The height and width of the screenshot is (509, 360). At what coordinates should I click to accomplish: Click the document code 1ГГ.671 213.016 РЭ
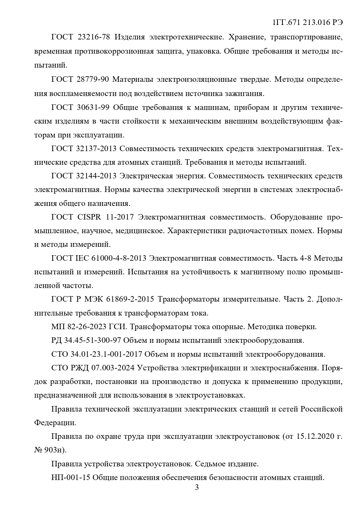[308, 23]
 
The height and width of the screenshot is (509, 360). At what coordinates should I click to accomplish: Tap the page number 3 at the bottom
[197, 488]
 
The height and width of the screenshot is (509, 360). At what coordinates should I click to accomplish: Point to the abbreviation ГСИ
[118, 327]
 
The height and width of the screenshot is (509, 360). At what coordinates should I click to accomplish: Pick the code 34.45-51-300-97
[92, 340]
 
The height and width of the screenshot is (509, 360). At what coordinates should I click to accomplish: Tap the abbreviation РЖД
[80, 368]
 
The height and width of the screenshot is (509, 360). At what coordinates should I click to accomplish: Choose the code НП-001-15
[71, 478]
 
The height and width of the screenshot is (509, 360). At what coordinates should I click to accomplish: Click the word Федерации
[55, 423]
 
